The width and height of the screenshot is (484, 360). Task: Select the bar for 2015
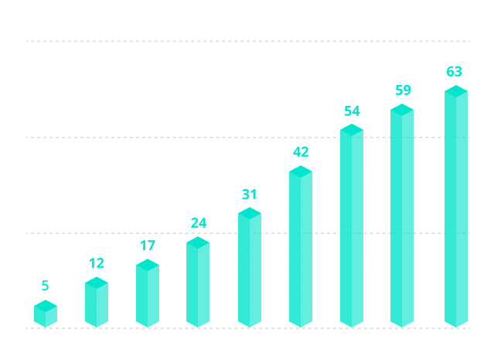[46, 313]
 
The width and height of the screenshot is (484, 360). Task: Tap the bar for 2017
[148, 293]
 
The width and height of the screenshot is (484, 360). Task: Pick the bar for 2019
[250, 267]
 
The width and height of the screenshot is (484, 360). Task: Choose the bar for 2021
[352, 225]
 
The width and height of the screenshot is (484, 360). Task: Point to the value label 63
[455, 72]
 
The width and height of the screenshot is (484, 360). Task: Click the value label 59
[403, 90]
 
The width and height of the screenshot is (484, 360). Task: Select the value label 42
[301, 152]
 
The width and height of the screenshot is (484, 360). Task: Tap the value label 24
[199, 223]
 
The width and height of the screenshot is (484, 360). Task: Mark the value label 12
[97, 263]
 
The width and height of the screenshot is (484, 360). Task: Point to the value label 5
[46, 286]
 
